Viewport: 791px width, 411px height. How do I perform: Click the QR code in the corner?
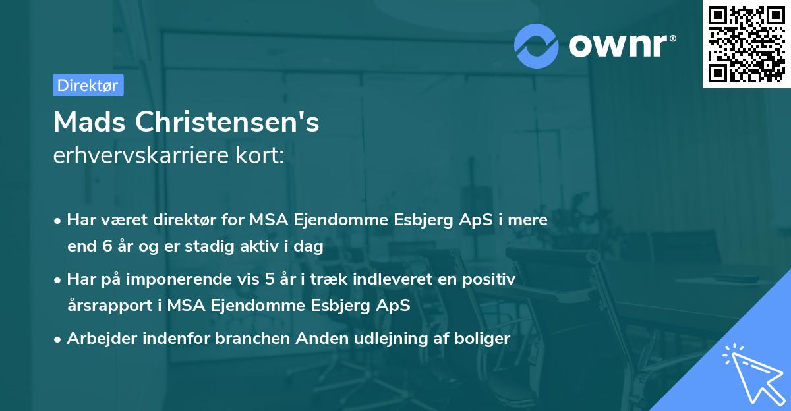coord(746,44)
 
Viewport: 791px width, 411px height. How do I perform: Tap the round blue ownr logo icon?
coord(537,46)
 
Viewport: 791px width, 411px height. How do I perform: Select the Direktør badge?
coord(88,85)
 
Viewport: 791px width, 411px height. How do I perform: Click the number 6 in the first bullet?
coord(107,247)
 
